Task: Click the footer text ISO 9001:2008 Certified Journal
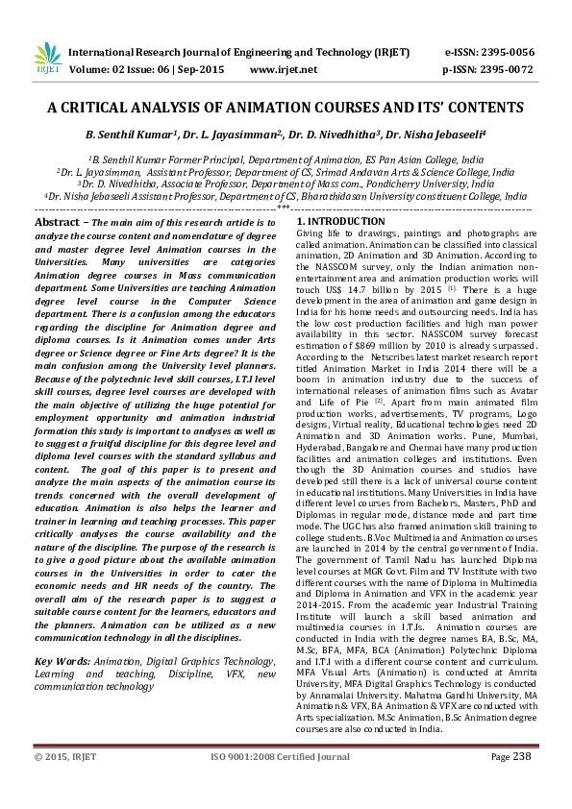click(282, 757)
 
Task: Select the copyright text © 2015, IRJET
click(65, 757)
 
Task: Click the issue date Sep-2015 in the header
click(207, 69)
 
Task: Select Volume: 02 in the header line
click(101, 69)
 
